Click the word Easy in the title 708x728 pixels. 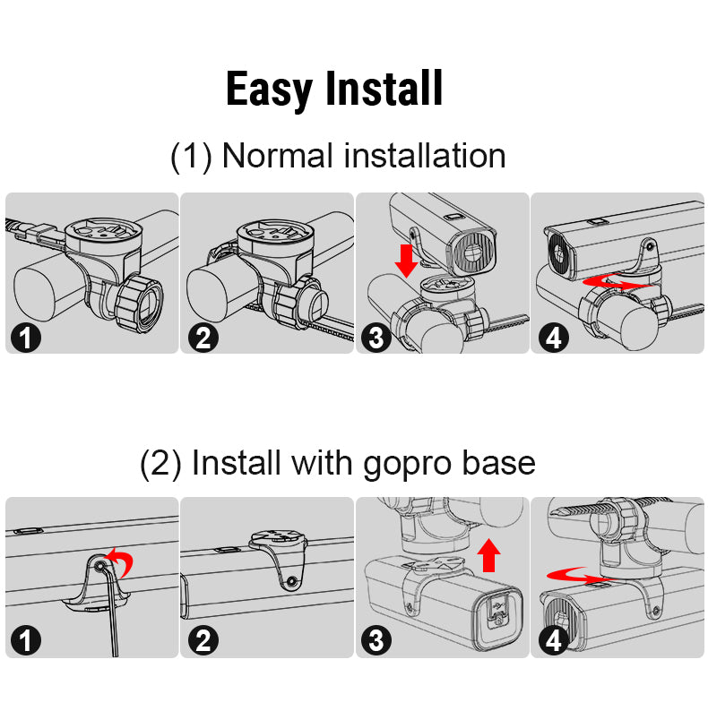click(x=269, y=90)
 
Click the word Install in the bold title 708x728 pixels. click(x=384, y=89)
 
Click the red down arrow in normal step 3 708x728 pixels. click(x=407, y=261)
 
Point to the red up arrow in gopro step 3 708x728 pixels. click(x=488, y=555)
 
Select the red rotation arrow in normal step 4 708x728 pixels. click(x=616, y=282)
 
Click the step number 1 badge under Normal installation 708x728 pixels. click(x=26, y=338)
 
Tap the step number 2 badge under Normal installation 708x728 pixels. click(x=203, y=338)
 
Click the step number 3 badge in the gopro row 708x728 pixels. click(x=376, y=641)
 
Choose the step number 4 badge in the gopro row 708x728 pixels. click(x=553, y=641)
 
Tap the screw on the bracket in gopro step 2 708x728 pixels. click(x=291, y=581)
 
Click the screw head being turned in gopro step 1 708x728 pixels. click(x=99, y=566)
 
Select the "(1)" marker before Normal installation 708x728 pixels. click(x=192, y=157)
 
